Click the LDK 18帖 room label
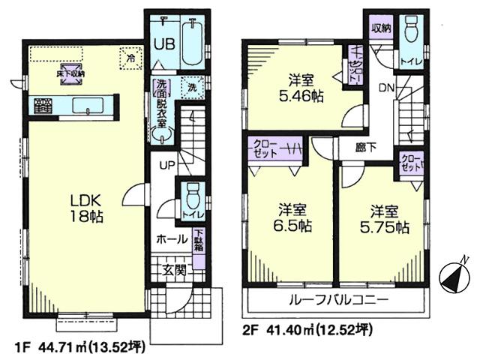click(86, 207)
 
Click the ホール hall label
click(172, 241)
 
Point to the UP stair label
click(166, 164)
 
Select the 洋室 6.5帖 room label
click(292, 217)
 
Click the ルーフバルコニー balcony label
click(338, 299)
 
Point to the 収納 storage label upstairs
click(380, 28)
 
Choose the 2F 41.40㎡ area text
click(307, 330)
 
